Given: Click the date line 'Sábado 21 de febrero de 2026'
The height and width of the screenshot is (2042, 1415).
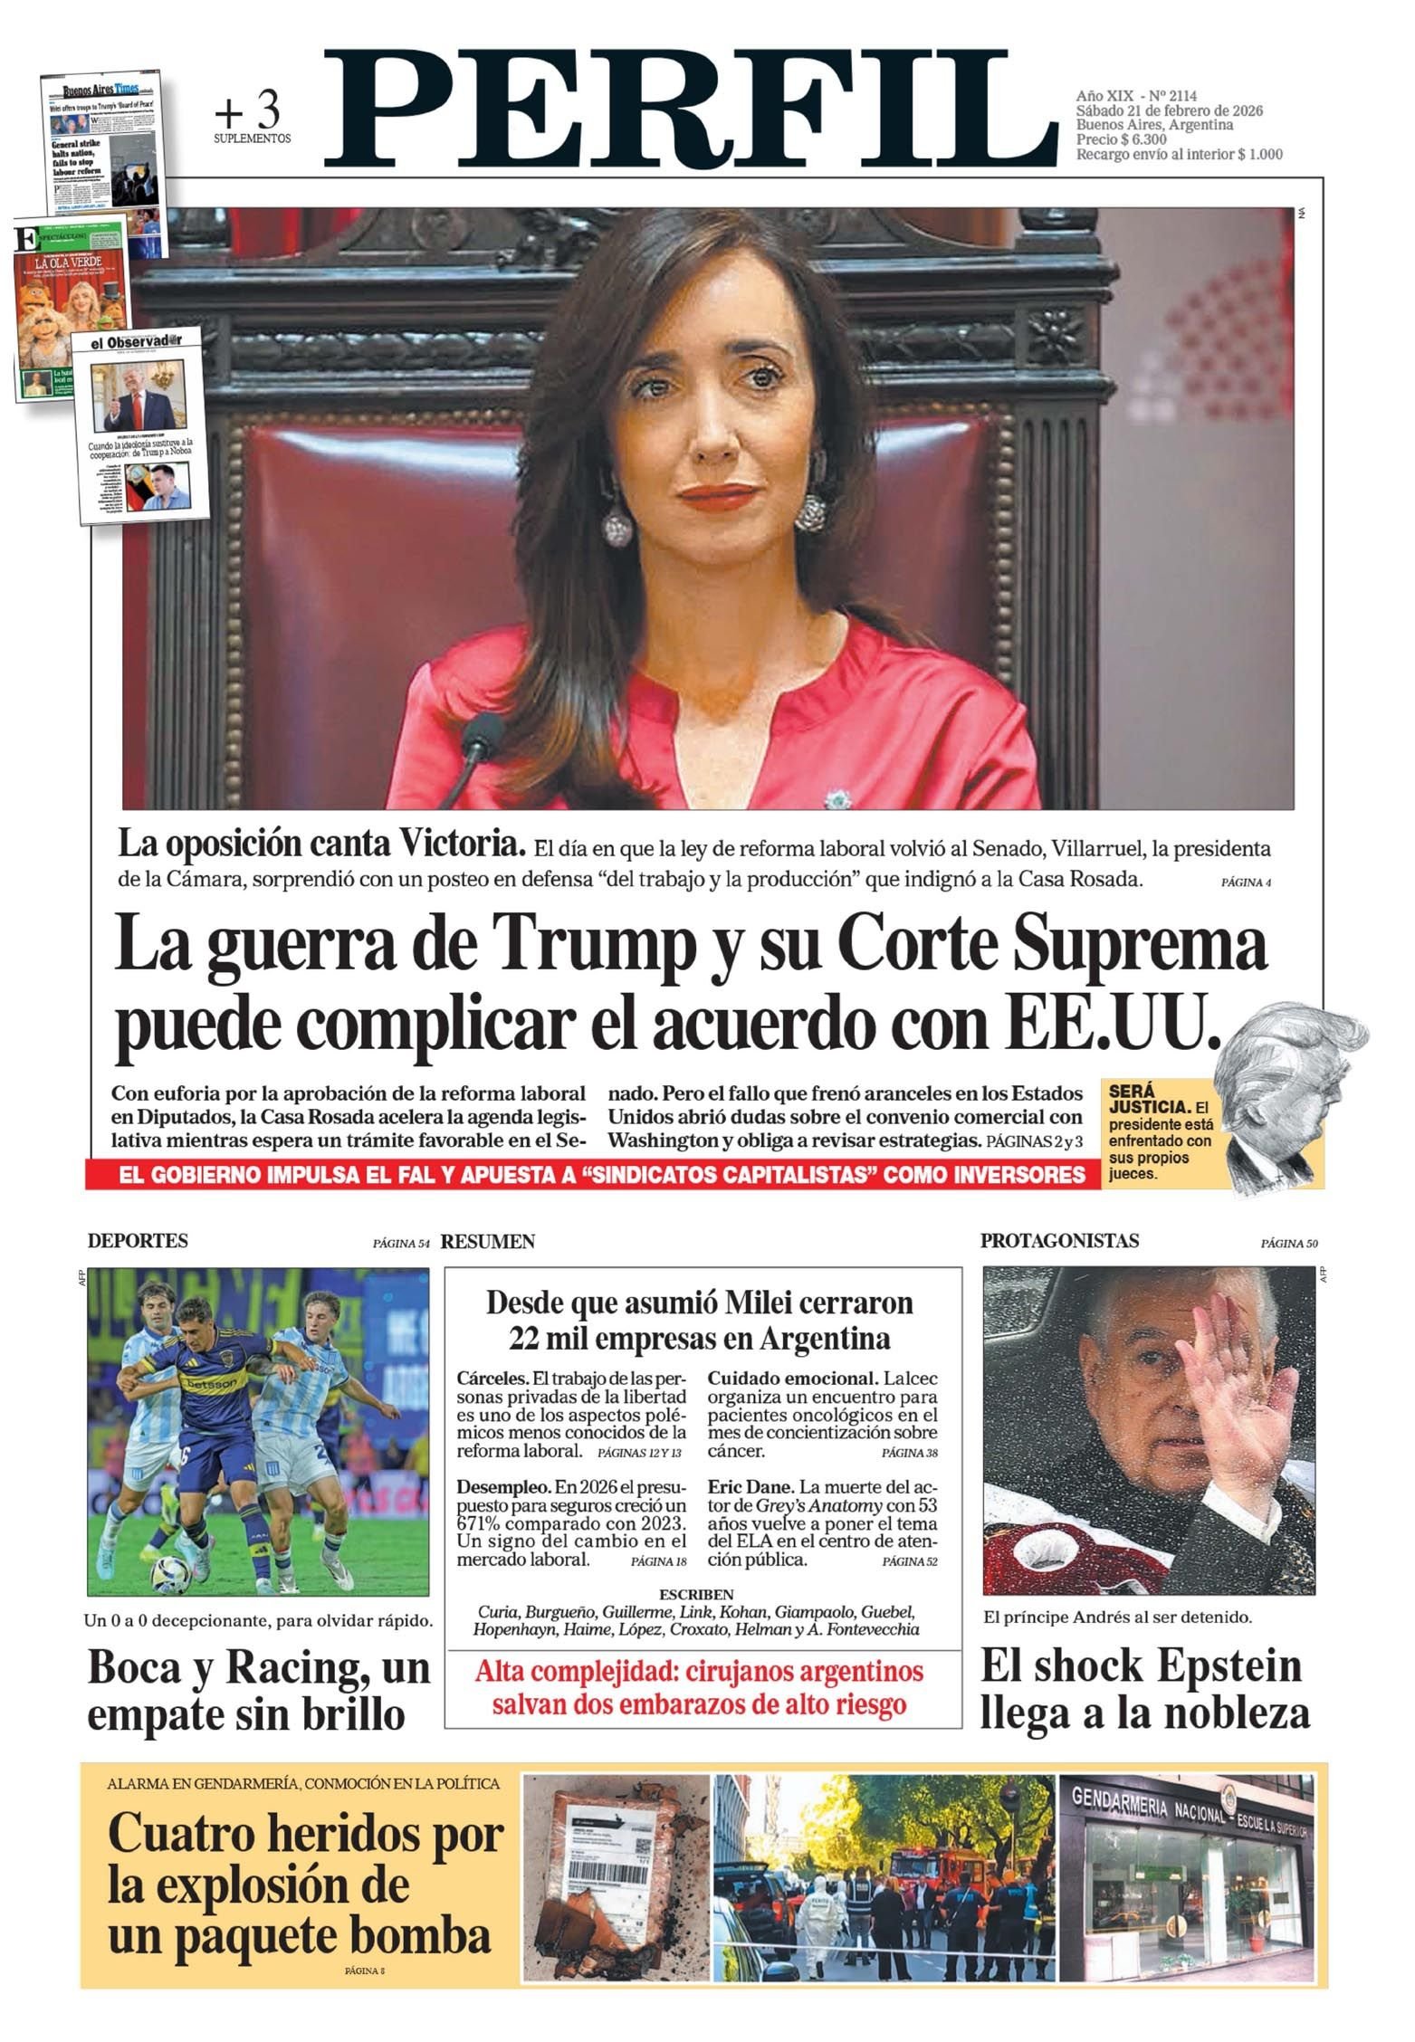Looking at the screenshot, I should point(1169,110).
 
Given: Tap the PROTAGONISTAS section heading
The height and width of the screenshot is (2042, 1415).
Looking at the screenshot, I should point(1059,1241).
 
